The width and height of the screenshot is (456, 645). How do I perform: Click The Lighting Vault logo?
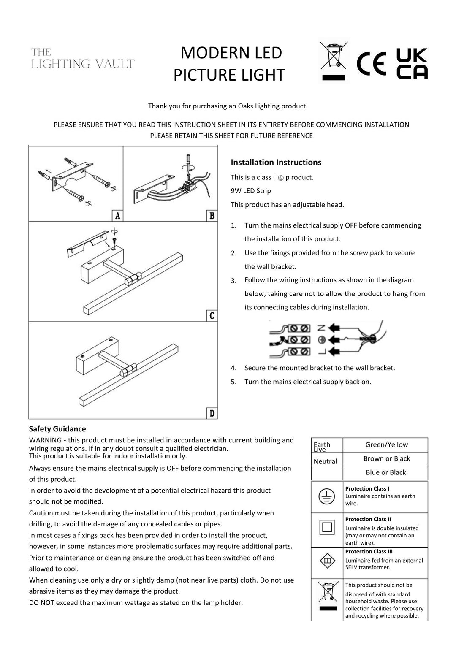(83, 58)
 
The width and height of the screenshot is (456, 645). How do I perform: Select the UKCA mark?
(412, 64)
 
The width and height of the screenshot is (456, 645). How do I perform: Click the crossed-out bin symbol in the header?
(334, 60)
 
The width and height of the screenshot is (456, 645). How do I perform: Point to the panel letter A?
(117, 216)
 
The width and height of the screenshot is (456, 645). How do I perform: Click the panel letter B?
(212, 216)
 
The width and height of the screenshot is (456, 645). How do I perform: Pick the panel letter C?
(212, 316)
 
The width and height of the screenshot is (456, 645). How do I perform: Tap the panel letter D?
(212, 413)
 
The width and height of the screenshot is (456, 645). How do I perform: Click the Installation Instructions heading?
(276, 163)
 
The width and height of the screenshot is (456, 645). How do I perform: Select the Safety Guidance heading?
(57, 429)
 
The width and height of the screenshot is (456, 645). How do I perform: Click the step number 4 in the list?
(233, 368)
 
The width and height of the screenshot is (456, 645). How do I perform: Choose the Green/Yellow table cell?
(386, 444)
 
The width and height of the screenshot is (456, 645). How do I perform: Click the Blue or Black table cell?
(386, 472)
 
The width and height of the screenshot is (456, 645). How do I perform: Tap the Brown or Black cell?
(386, 458)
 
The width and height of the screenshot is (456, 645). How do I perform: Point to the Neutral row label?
(325, 461)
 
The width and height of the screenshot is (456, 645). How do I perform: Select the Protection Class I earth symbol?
(326, 497)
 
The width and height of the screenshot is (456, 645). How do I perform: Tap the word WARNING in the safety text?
(46, 440)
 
